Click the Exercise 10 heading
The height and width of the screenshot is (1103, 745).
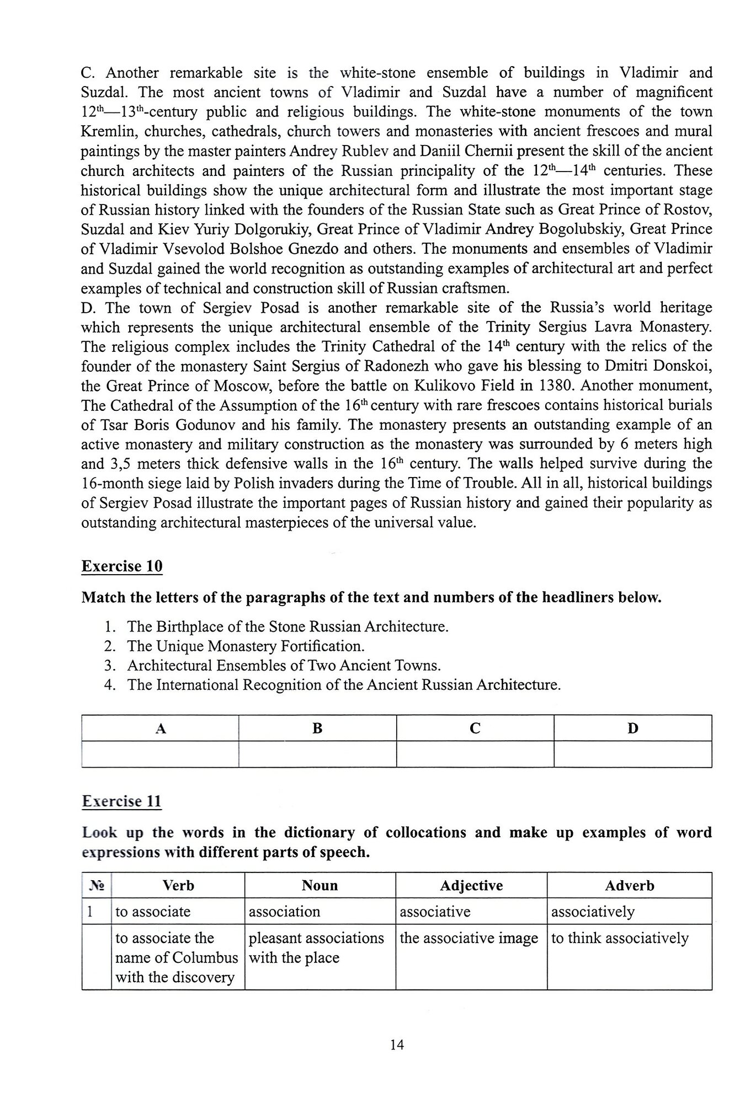(122, 566)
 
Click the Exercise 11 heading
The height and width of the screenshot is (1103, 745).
(122, 801)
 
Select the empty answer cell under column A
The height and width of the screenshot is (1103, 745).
(160, 754)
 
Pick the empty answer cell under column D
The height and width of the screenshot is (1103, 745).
(632, 754)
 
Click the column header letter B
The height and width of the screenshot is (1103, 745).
(317, 729)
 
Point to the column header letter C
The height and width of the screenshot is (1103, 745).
(475, 729)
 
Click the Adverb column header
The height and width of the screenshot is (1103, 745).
(629, 886)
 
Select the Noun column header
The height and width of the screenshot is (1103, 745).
(320, 886)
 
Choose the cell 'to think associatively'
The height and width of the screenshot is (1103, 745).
(620, 938)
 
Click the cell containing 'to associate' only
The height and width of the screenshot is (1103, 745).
(153, 912)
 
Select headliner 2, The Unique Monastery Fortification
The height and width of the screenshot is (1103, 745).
(246, 646)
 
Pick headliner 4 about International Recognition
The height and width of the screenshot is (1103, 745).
(344, 685)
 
